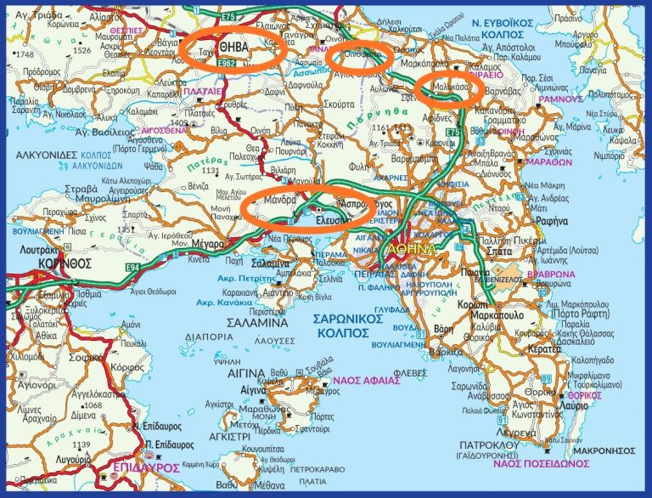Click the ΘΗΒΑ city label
click(x=233, y=48)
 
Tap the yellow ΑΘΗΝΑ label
click(x=411, y=248)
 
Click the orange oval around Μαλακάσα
click(x=451, y=88)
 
